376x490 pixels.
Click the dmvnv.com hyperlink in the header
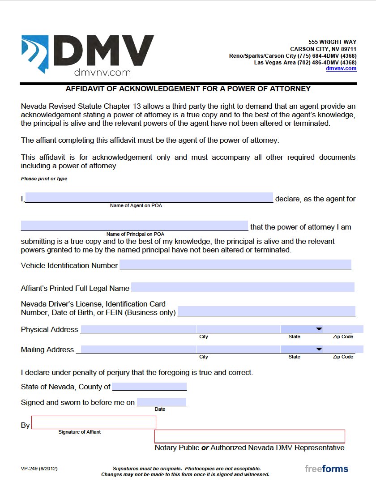[x=341, y=68]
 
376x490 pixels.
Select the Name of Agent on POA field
[x=149, y=197]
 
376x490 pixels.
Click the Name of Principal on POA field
[x=134, y=226]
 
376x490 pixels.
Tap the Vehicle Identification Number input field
[x=235, y=264]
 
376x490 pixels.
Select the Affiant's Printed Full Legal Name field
[x=243, y=287]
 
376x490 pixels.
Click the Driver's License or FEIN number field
[x=266, y=311]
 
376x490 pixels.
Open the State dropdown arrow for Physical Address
[x=319, y=329]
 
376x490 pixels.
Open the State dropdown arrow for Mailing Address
[x=319, y=349]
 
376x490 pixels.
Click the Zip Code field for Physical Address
[x=343, y=329]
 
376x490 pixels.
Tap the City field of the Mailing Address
[x=238, y=349]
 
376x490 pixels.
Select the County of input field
[x=149, y=387]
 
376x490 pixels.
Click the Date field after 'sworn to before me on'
[x=161, y=402]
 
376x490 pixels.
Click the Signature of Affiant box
[x=94, y=422]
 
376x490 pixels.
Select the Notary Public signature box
[x=249, y=436]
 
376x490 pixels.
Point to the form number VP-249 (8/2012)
[x=39, y=469]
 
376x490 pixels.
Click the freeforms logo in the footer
[x=326, y=469]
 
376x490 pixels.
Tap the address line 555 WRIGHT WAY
[x=332, y=42]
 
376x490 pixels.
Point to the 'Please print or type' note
[x=44, y=179]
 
